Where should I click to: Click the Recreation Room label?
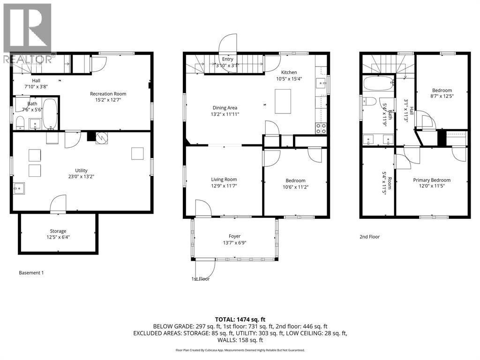[x=108, y=94]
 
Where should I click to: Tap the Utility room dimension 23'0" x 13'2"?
[x=82, y=177]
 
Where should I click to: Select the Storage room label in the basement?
[x=58, y=231]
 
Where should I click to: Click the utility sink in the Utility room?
[x=20, y=189]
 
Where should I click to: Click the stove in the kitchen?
[x=321, y=128]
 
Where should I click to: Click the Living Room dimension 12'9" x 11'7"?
[x=224, y=186]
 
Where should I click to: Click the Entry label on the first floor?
[x=227, y=59]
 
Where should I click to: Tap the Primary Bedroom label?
[x=431, y=180]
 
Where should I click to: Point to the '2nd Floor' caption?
[x=369, y=237]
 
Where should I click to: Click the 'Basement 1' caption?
[x=31, y=273]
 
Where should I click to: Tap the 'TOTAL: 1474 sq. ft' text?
[x=240, y=319]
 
